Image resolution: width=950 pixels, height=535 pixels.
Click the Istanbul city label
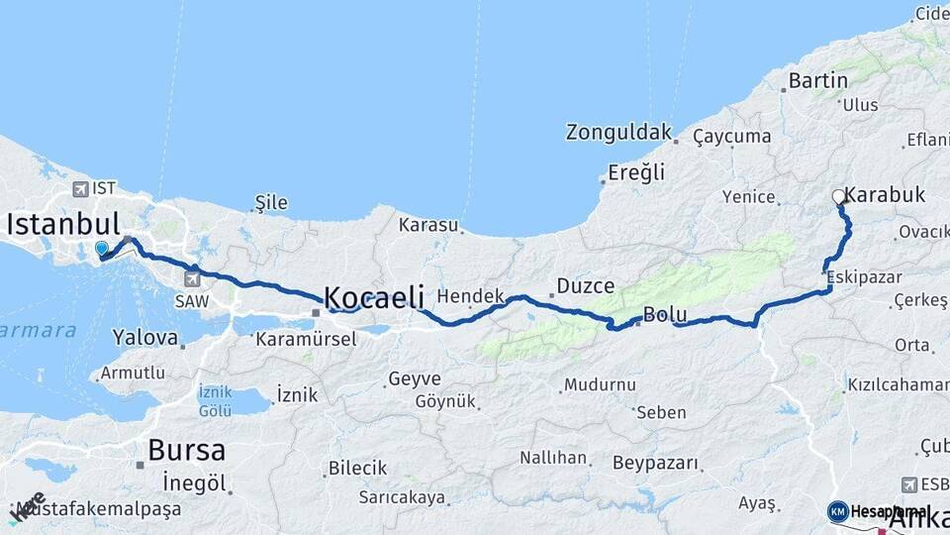[63, 223]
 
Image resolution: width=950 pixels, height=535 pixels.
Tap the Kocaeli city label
[374, 296]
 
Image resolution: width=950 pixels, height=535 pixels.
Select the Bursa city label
[186, 451]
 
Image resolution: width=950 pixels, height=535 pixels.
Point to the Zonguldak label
[618, 132]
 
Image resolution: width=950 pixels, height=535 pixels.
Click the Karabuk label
[886, 195]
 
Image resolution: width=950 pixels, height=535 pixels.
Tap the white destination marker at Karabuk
[839, 197]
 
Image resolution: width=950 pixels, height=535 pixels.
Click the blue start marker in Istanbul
[101, 248]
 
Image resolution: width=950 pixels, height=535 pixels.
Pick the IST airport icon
[80, 187]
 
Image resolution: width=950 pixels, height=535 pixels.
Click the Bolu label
[665, 315]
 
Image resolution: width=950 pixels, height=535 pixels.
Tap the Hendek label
[471, 295]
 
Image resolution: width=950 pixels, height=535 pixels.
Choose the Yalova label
[144, 337]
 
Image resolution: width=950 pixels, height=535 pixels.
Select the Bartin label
[818, 80]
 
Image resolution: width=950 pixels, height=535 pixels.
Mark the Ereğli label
[636, 172]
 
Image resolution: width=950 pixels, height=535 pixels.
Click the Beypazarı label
[655, 463]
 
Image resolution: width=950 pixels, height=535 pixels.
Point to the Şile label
[271, 203]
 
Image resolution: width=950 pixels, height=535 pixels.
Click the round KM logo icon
[838, 511]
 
